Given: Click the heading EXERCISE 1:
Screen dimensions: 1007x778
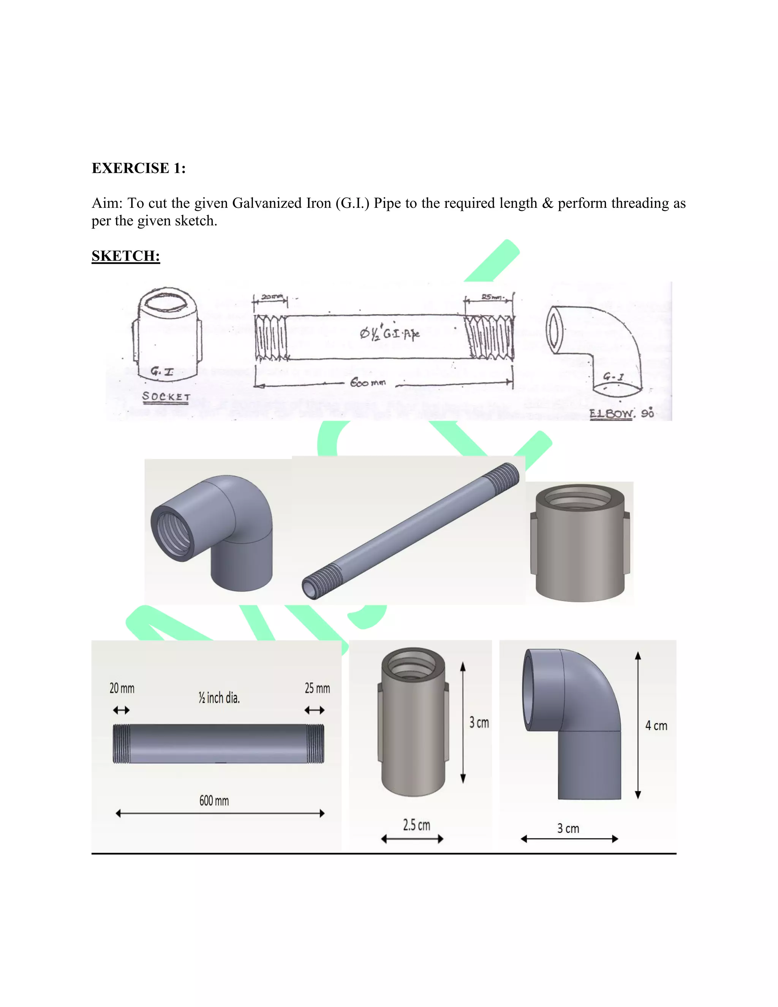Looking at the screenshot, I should pos(138,168).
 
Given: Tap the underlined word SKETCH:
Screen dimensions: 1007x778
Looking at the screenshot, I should pos(125,256).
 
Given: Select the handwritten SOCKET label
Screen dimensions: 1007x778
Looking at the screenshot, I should pos(166,396).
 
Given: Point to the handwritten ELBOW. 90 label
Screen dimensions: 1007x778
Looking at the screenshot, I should pos(621,413).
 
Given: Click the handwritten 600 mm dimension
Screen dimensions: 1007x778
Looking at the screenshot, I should pos(368,383).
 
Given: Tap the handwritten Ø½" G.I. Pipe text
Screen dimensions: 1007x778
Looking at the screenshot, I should pos(389,333).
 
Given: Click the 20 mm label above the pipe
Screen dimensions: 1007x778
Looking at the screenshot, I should pos(122,689).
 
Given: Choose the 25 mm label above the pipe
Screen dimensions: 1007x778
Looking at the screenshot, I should pos(317,689).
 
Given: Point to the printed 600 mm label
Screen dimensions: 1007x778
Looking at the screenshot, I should pos(214,800).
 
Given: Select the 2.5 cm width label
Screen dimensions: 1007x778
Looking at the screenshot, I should pos(416,825).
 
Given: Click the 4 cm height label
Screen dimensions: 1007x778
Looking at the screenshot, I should pos(656,726).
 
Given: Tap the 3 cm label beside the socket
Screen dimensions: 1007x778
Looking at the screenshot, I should pos(479,722).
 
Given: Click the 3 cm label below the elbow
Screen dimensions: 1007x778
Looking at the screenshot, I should pos(568,828).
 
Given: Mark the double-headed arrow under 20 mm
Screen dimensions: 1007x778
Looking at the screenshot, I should pos(121,711).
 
